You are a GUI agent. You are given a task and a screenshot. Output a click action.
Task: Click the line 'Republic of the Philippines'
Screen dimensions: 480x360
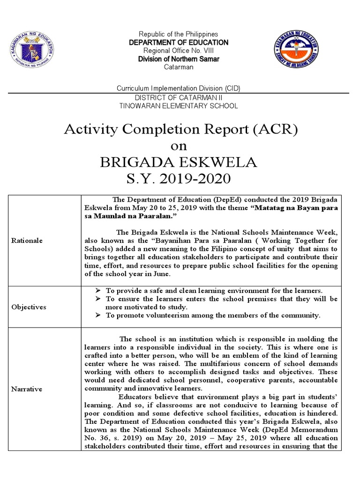[x=179, y=35]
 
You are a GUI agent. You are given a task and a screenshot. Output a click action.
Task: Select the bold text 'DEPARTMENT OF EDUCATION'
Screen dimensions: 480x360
[x=179, y=43]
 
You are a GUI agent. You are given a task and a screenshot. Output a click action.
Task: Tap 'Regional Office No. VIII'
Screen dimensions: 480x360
[x=179, y=51]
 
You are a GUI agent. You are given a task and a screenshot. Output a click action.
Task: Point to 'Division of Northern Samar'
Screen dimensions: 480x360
[x=179, y=59]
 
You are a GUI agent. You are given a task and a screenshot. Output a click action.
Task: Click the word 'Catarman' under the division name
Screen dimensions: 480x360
[x=179, y=67]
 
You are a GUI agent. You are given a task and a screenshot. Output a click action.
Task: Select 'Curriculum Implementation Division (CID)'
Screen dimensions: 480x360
[x=179, y=89]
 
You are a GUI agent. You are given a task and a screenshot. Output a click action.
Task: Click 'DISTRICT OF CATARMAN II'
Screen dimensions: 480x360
[x=179, y=97]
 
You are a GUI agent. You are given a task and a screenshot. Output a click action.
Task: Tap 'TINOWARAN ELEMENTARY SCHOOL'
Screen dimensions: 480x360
[x=179, y=106]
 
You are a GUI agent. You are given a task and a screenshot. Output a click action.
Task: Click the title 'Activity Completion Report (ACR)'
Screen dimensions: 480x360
[x=180, y=129]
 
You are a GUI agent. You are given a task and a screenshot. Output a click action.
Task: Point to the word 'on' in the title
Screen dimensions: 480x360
[x=179, y=146]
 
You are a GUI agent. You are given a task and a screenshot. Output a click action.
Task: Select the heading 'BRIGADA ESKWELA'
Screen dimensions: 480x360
[x=179, y=162]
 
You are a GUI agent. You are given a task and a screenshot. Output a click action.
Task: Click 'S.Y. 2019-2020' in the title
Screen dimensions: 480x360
[x=179, y=179]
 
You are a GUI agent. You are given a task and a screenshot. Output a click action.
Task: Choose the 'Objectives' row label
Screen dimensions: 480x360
[x=29, y=307]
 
